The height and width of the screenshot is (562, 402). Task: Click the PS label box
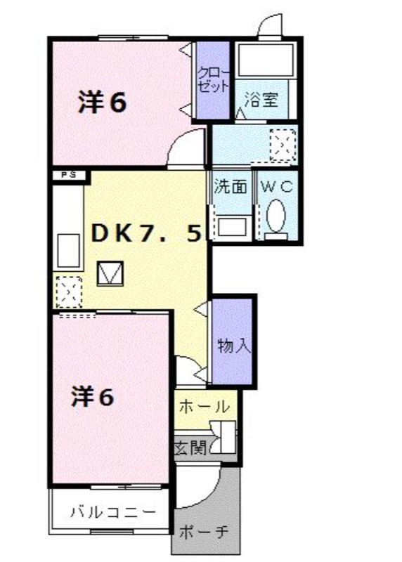pyautogui.click(x=70, y=175)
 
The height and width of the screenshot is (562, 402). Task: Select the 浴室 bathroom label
pyautogui.click(x=261, y=99)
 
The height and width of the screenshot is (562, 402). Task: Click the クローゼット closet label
pyautogui.click(x=213, y=80)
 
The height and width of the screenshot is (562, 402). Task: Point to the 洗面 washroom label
pyautogui.click(x=231, y=187)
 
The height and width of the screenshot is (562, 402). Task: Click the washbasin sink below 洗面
pyautogui.click(x=232, y=226)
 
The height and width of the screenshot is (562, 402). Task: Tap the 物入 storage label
pyautogui.click(x=234, y=346)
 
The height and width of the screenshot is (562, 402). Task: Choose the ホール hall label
pyautogui.click(x=204, y=407)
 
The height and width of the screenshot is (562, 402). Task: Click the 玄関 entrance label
pyautogui.click(x=190, y=447)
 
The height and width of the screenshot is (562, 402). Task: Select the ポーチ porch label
pyautogui.click(x=204, y=532)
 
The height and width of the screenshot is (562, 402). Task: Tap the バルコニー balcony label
pyautogui.click(x=113, y=512)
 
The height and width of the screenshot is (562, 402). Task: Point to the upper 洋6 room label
pyautogui.click(x=103, y=102)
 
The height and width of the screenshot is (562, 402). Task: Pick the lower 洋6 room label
pyautogui.click(x=93, y=397)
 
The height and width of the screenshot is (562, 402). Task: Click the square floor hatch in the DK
pyautogui.click(x=110, y=273)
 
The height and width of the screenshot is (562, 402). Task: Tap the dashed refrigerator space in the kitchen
pyautogui.click(x=69, y=292)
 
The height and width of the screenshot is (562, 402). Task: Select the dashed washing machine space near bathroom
pyautogui.click(x=283, y=145)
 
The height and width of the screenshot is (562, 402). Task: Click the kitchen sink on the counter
pyautogui.click(x=68, y=251)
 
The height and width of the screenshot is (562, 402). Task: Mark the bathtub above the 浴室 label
pyautogui.click(x=266, y=60)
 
